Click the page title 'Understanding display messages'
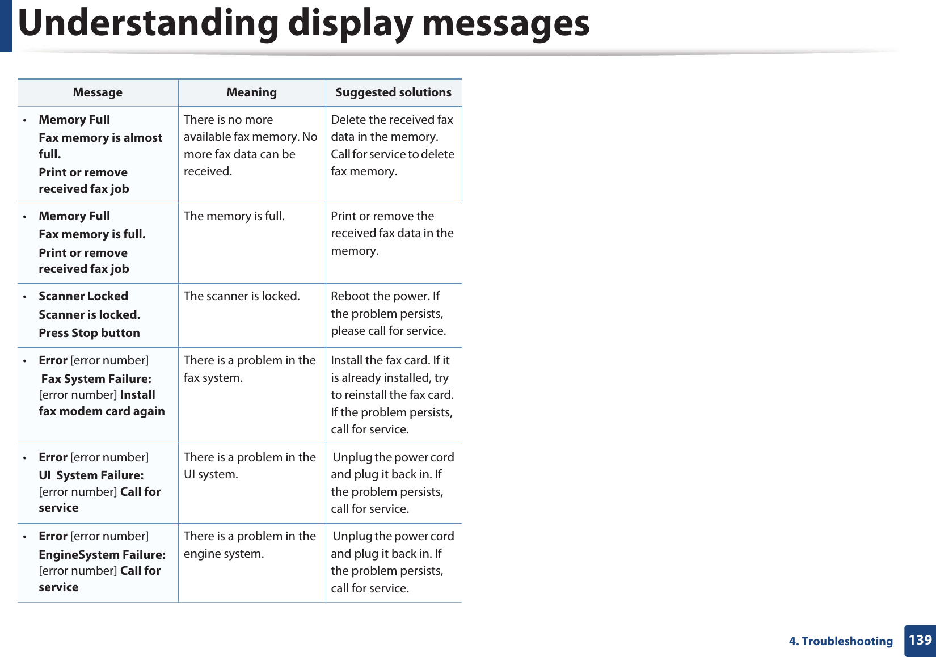[x=303, y=24]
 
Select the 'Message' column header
[x=98, y=92]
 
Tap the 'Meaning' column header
[x=251, y=92]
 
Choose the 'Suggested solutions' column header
[x=393, y=92]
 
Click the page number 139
[x=920, y=640]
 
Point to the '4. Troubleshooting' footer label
[x=840, y=641]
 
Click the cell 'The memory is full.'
[x=234, y=216]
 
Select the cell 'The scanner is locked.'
[x=242, y=296]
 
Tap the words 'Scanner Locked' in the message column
[x=83, y=296]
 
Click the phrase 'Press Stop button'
[x=89, y=333]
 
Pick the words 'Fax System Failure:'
[x=96, y=379]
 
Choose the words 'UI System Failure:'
[x=91, y=475]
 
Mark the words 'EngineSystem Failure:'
[x=102, y=555]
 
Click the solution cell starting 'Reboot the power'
[x=388, y=313]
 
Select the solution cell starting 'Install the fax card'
[x=392, y=395]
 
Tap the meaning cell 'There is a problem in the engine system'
[x=250, y=545]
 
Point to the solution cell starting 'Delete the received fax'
[x=392, y=145]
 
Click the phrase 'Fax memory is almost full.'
[x=100, y=146]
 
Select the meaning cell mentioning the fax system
[x=250, y=369]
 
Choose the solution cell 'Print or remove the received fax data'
[x=392, y=233]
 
